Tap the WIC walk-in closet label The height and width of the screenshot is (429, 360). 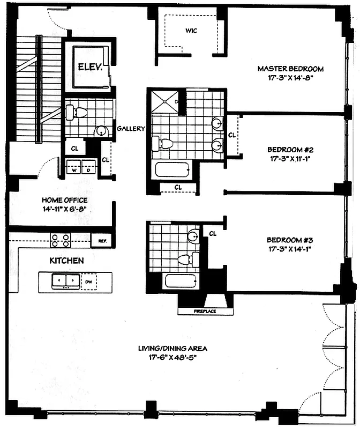click(191, 31)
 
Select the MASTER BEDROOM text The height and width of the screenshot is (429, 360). click(291, 69)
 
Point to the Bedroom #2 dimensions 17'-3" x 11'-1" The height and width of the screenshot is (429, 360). click(290, 159)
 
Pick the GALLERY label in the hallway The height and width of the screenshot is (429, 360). click(131, 129)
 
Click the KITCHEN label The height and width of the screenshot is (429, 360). click(66, 261)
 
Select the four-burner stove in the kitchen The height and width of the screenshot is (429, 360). click(61, 240)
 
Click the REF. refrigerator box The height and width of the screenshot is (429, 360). click(101, 241)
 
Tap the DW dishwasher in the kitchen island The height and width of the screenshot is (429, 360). click(89, 281)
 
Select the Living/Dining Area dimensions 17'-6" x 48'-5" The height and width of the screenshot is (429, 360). click(172, 357)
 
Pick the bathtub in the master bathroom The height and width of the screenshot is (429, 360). click(172, 171)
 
